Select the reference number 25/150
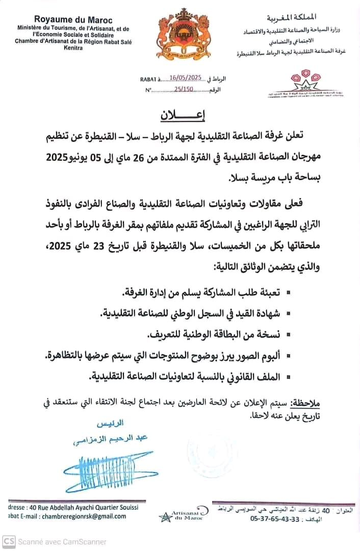click(184, 89)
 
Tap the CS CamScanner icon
click(9, 541)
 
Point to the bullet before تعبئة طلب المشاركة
click(289, 294)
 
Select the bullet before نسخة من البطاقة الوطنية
click(289, 335)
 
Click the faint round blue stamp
click(214, 449)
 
